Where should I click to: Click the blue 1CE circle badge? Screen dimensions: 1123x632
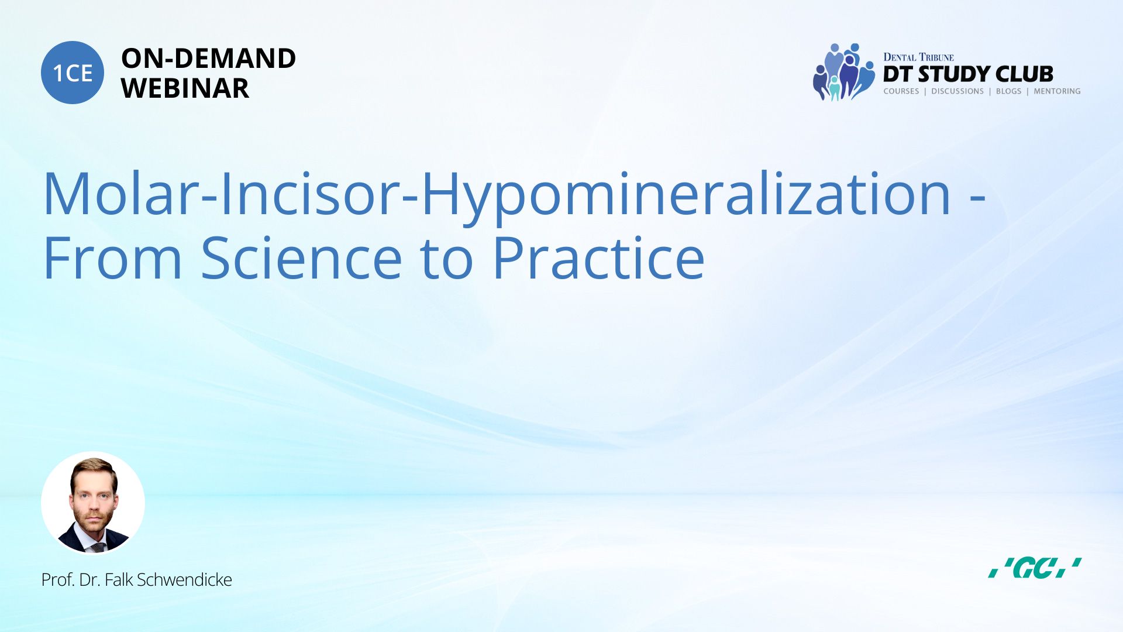click(x=73, y=73)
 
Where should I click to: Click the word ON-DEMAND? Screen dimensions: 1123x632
click(x=208, y=59)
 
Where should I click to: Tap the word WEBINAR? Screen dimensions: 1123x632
click(x=185, y=88)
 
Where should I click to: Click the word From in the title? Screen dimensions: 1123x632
click(x=113, y=258)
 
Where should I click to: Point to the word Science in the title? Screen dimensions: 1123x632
click(x=302, y=258)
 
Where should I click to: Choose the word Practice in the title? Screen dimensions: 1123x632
click(x=598, y=258)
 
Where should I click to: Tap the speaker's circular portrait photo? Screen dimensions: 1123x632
click(x=93, y=503)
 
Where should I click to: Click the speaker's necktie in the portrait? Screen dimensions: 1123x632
click(x=98, y=548)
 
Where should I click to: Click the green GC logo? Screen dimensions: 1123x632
click(x=1034, y=568)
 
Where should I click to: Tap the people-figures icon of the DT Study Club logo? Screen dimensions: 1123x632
click(x=843, y=72)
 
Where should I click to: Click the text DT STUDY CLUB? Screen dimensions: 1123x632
click(x=968, y=74)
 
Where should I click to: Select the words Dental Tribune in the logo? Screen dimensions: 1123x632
click(x=918, y=57)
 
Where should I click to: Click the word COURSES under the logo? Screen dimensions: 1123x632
click(x=901, y=91)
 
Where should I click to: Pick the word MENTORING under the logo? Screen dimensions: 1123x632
click(x=1057, y=91)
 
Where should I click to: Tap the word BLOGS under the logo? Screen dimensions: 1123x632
click(x=1008, y=91)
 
